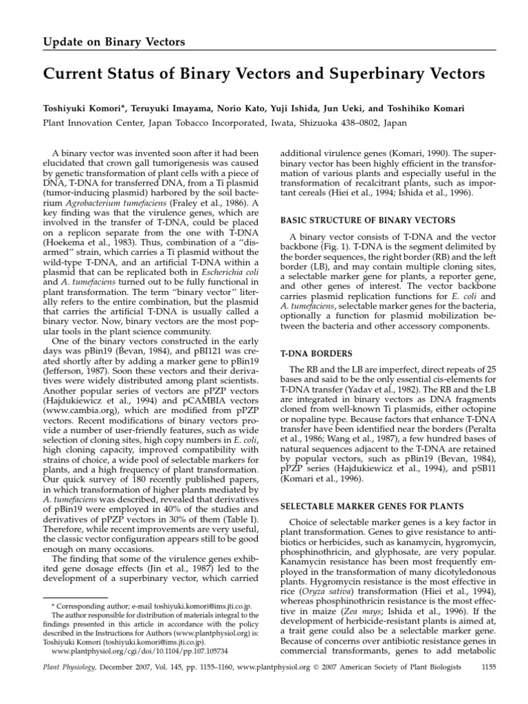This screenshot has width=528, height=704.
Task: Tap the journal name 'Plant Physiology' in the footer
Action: click(65, 685)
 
